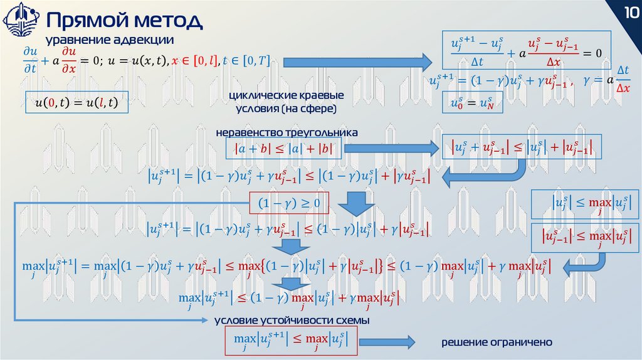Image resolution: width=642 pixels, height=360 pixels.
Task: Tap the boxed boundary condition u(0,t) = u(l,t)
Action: pos(76,101)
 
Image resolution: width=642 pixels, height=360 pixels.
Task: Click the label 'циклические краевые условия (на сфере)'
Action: pos(287,103)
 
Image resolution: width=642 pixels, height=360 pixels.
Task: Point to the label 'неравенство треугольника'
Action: pos(287,133)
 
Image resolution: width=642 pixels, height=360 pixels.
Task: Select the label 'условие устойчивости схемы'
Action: pos(292,320)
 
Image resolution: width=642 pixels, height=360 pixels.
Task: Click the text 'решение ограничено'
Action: pos(496,342)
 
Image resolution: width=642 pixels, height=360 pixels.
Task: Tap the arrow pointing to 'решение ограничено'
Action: pos(387,342)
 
